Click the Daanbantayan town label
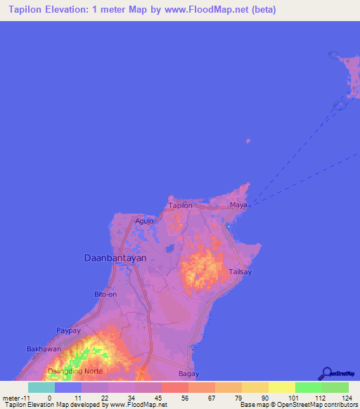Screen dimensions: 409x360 click(x=115, y=258)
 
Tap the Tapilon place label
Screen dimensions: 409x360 click(x=180, y=205)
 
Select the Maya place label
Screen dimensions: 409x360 click(x=238, y=205)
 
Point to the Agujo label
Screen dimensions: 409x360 click(x=144, y=221)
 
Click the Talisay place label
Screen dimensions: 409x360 click(x=240, y=271)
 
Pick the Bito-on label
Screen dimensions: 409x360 click(x=105, y=294)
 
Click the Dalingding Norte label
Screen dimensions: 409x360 click(x=75, y=370)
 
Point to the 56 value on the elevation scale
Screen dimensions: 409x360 click(x=175, y=397)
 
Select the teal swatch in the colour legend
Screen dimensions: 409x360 click(x=41, y=387)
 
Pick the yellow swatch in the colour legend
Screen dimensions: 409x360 click(x=281, y=387)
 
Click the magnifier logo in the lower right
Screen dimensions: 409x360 click(x=326, y=374)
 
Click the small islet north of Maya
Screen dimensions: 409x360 click(x=247, y=141)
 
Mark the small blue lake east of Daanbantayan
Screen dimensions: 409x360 click(x=169, y=248)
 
